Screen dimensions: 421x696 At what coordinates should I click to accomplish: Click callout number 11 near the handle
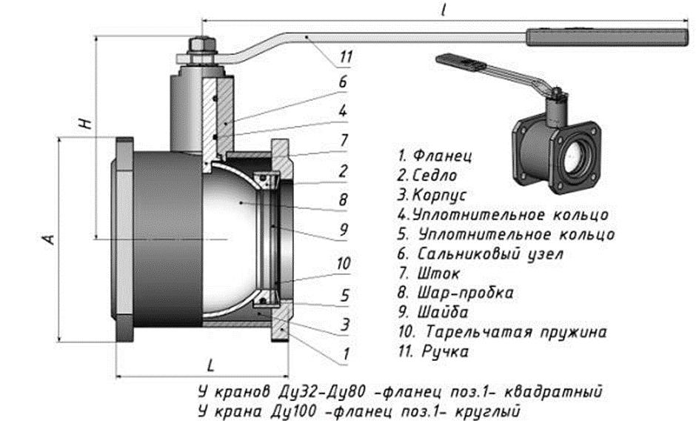[x=347, y=56]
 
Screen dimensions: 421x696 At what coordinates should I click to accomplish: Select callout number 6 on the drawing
[x=343, y=82]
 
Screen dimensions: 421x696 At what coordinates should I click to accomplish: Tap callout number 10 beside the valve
[x=342, y=263]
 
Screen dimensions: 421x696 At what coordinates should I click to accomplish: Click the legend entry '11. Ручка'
[x=434, y=352]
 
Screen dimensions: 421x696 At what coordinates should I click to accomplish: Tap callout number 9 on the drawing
[x=343, y=230]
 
